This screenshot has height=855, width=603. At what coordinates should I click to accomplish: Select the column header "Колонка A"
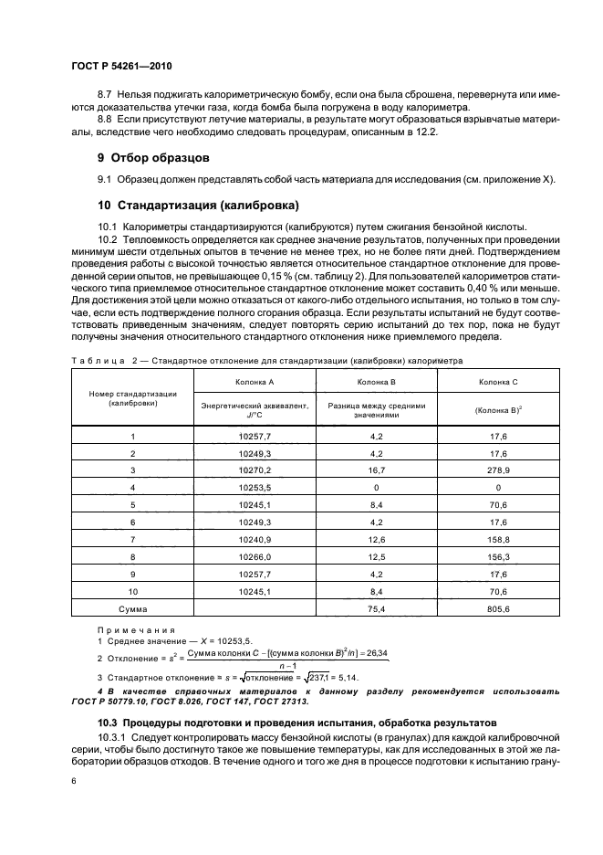[251, 381]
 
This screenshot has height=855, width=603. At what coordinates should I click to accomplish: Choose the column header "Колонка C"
[498, 381]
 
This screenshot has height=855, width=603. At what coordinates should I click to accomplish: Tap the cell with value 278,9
[498, 470]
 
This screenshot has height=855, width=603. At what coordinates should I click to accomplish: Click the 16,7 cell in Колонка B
[375, 470]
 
